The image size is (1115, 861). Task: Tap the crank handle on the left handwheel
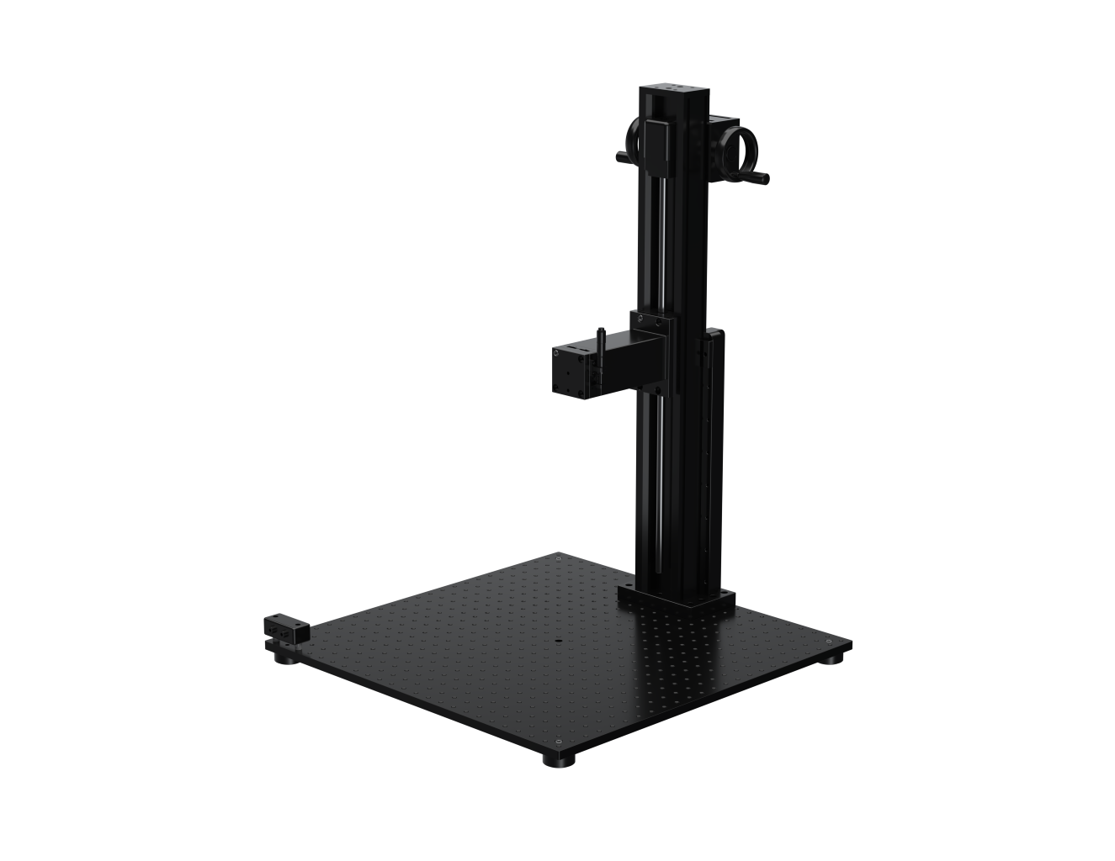click(x=621, y=157)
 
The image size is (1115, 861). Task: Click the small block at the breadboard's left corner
click(x=286, y=629)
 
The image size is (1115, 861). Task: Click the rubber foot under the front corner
click(x=557, y=759)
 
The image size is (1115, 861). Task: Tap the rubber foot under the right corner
click(x=833, y=656)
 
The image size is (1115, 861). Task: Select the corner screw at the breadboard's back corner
click(x=559, y=556)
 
